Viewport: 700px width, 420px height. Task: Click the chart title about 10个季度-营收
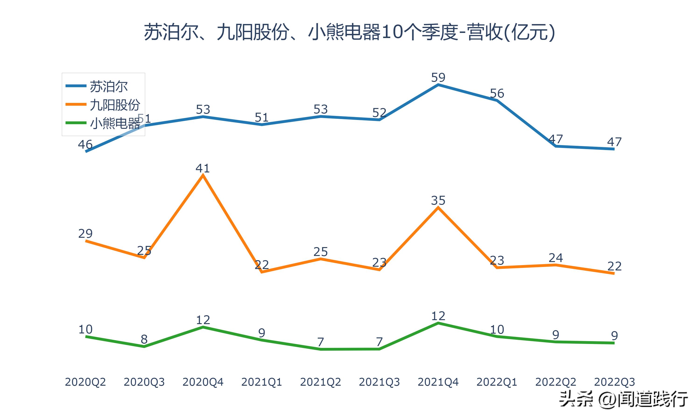point(350,32)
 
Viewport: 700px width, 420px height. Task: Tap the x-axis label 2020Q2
point(85,382)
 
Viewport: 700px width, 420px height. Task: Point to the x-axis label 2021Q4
point(438,382)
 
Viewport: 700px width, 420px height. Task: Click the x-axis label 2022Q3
point(614,382)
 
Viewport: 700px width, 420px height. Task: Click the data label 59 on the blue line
point(438,77)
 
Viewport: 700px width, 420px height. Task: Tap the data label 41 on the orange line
point(203,168)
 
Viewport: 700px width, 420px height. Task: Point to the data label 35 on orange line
point(438,201)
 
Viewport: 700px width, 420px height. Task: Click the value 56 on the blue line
point(497,93)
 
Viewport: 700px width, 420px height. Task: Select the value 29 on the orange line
point(85,234)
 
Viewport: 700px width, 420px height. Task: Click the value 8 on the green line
point(144,339)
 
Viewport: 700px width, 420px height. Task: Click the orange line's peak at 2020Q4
point(203,175)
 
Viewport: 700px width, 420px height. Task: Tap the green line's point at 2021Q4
point(438,323)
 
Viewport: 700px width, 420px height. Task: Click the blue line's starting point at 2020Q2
point(86,151)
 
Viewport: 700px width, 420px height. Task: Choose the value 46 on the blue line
point(85,145)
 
